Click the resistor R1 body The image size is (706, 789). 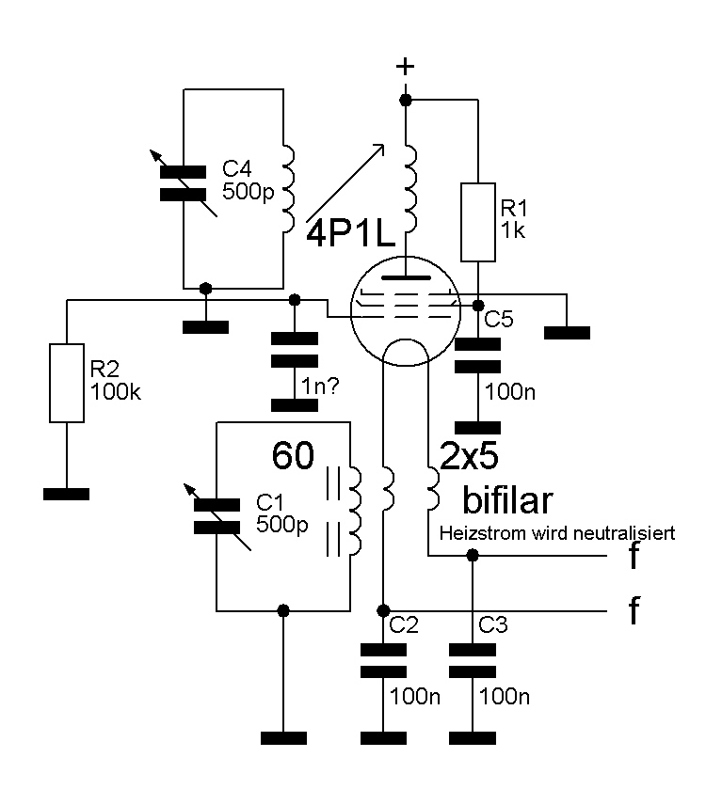coord(478,222)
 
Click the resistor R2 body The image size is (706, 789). coord(67,382)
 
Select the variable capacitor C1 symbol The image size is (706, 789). coord(218,517)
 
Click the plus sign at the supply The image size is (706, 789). coord(406,67)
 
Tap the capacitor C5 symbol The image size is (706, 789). coord(478,355)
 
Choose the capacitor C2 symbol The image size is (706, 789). coord(383,659)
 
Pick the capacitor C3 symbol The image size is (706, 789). coord(473,659)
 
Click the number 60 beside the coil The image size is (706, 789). coord(294,456)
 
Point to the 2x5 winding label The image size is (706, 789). coord(464,457)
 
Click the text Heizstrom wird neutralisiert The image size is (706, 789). coord(558,534)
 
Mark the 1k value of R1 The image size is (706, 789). coord(513,229)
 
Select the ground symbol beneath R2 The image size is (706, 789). coord(67,494)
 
